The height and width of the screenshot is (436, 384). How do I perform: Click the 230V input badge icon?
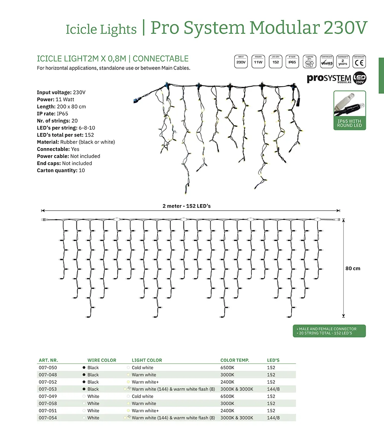coord(241,61)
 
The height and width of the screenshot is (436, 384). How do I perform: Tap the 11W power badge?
coord(258,61)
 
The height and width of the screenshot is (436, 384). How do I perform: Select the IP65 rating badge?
coord(292,61)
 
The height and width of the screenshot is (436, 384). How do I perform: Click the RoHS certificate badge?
coord(326,61)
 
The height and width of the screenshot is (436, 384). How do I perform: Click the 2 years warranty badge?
coord(343,61)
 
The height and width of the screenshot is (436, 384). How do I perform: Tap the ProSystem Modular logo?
coord(336,78)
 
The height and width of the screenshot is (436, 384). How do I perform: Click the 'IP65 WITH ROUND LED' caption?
coord(349,123)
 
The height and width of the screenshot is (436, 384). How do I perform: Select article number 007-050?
coord(48,368)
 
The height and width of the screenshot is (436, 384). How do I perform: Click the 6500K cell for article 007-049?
coord(227,396)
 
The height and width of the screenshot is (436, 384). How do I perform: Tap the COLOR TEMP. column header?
coord(235,360)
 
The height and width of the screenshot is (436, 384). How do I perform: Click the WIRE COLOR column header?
coord(102,360)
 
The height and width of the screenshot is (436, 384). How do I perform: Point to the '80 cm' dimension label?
coord(353,268)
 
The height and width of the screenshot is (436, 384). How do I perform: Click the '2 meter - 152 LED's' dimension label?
coord(186,206)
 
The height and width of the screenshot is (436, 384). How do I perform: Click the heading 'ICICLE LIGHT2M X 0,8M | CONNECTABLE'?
coord(113,59)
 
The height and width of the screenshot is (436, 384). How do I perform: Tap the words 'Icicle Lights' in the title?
coord(101,30)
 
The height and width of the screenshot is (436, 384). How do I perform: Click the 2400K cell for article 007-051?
coord(227,411)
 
